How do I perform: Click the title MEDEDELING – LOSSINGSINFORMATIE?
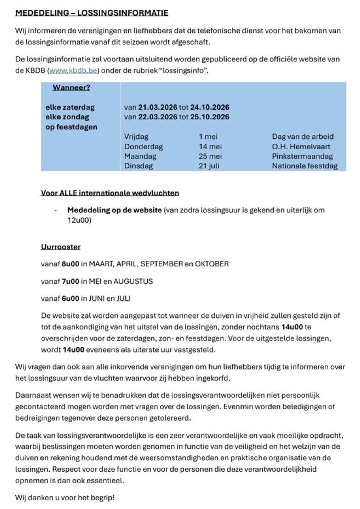(x=92, y=13)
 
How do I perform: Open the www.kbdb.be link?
(x=73, y=70)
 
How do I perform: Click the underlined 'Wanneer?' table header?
(x=71, y=88)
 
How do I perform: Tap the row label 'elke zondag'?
(x=67, y=117)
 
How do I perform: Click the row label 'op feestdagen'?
(x=71, y=127)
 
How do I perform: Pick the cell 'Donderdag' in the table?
(x=143, y=146)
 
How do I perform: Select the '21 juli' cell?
(x=209, y=166)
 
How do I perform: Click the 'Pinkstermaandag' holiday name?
(x=302, y=156)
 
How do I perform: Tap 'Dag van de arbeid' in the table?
(x=303, y=137)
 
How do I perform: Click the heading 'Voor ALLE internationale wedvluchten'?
(x=110, y=193)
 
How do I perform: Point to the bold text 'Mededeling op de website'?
(x=115, y=210)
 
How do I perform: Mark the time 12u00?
(x=79, y=220)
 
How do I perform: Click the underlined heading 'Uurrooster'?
(x=61, y=246)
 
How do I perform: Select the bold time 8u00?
(x=70, y=264)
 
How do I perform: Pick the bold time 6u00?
(x=70, y=298)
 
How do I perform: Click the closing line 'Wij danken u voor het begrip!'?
(x=65, y=497)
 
